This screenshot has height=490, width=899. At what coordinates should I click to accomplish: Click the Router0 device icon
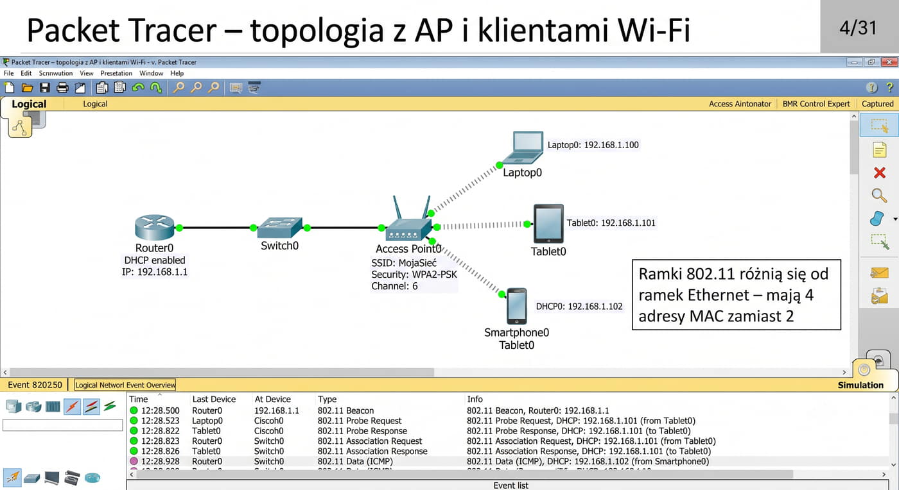(x=155, y=227)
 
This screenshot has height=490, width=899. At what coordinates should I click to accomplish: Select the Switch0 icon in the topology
(x=279, y=227)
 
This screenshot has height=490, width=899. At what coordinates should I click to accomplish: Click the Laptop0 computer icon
(x=523, y=148)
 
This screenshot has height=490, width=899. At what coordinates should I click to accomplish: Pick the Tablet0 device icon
(x=548, y=224)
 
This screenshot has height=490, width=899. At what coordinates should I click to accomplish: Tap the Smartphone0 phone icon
(x=517, y=306)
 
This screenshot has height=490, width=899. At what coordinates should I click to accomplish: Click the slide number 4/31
(x=858, y=28)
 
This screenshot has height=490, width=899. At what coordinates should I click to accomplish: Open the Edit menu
(x=26, y=73)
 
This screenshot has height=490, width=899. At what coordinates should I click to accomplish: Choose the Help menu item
(x=177, y=73)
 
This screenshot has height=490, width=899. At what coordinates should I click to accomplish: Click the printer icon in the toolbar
(x=62, y=87)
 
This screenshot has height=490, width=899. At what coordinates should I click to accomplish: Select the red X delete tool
(x=879, y=173)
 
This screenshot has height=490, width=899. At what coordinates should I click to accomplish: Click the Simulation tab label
(x=860, y=385)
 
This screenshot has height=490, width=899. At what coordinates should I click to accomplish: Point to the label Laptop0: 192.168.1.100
(x=593, y=145)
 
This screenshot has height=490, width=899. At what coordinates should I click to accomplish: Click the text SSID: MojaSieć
(x=404, y=263)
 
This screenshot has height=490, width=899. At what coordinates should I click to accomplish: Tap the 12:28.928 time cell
(x=160, y=461)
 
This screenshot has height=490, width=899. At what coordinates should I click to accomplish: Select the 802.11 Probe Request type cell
(x=360, y=421)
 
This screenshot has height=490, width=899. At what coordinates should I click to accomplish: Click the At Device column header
(x=272, y=399)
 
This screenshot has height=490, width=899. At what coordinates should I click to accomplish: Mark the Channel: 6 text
(x=394, y=286)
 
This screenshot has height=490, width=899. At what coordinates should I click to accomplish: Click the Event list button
(x=511, y=485)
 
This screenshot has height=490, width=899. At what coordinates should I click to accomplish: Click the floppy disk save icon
(x=44, y=87)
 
